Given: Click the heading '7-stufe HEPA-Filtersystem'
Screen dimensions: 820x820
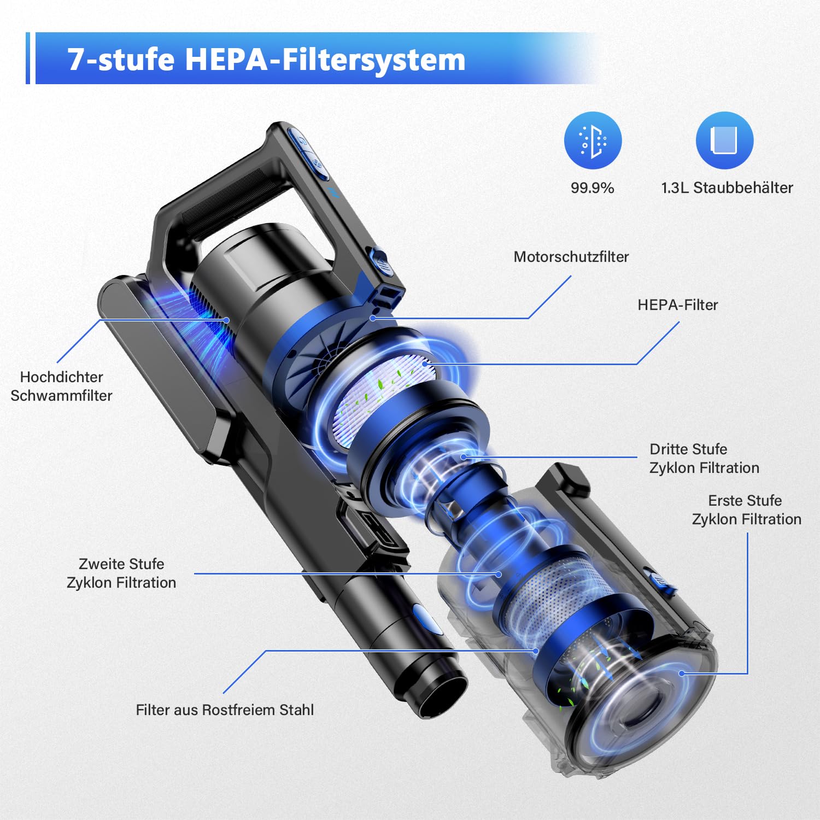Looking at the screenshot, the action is (266, 59).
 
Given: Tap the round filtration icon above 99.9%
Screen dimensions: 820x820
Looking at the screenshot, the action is (593, 140).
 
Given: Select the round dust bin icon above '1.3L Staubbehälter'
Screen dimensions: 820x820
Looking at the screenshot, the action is (724, 140).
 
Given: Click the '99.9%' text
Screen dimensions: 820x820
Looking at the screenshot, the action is (592, 188).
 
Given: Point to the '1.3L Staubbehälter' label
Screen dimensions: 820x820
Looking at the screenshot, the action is (727, 188).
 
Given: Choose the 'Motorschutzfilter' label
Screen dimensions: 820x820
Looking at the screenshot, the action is (571, 257).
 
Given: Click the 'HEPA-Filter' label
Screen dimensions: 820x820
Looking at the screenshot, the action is (678, 305).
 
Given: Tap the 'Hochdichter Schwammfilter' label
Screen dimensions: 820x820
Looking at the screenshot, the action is (61, 386).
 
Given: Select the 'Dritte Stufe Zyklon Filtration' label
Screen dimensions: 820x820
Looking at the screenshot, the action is (704, 458).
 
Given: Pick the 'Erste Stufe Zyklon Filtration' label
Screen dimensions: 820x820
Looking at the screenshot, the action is (747, 509).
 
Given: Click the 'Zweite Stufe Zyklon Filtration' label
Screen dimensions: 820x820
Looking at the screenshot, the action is (121, 573).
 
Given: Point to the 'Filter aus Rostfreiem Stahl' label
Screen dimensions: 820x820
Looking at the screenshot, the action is (225, 710).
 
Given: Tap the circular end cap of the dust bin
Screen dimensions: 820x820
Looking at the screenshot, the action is (645, 700).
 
